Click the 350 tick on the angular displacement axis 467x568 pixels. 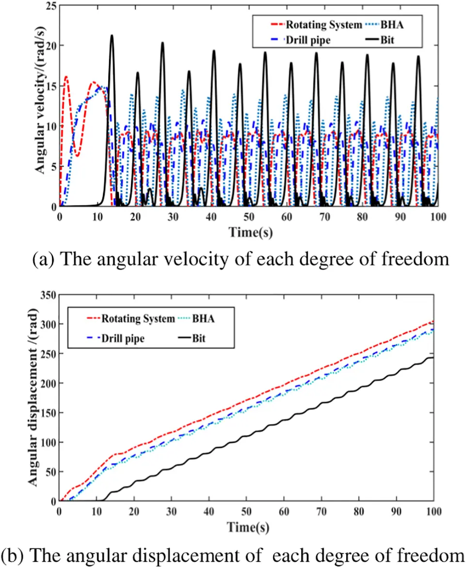click(x=46, y=295)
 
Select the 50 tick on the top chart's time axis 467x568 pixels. click(x=248, y=216)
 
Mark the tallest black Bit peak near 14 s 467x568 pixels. click(x=112, y=35)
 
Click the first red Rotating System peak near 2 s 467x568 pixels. click(x=66, y=77)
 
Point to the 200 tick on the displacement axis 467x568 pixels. click(x=46, y=383)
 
